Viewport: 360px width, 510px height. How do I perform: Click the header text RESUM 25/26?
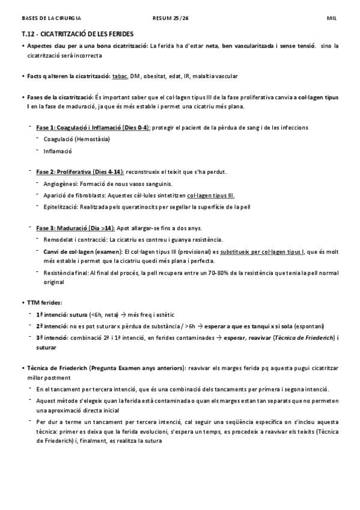171,19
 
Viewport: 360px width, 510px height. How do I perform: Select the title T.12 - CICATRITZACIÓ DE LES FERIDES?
77,34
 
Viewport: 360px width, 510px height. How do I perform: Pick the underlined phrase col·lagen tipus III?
211,195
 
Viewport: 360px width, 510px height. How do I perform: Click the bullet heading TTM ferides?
44,302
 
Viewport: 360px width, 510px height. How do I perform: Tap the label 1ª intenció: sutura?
62,313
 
